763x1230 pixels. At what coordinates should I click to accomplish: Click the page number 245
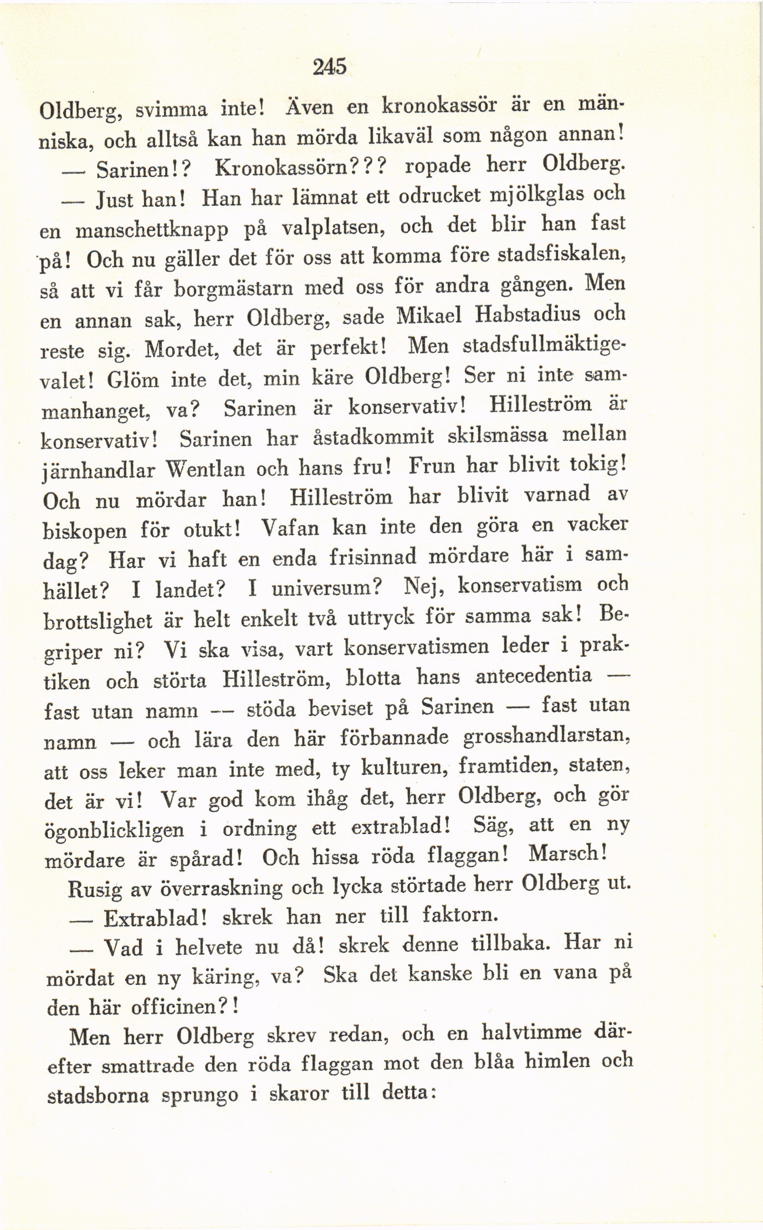(x=329, y=67)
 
